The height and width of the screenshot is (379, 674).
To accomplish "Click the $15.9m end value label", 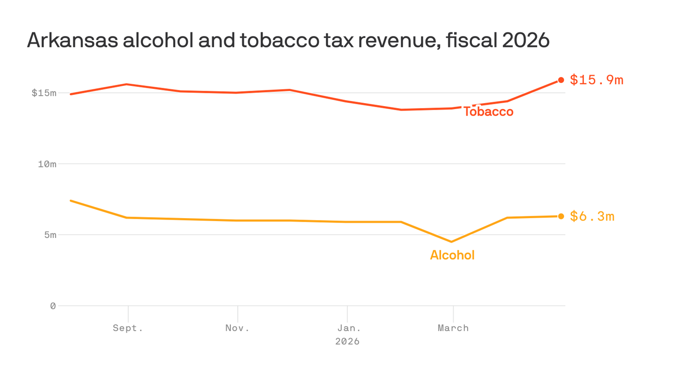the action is [x=597, y=80].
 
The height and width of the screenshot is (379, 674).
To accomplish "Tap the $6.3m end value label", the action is [x=592, y=217].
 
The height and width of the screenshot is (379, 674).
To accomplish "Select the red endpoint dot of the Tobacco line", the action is [x=561, y=80].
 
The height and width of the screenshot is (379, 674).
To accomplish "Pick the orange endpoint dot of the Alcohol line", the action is [x=561, y=216].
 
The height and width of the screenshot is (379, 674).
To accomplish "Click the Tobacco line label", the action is [x=488, y=112].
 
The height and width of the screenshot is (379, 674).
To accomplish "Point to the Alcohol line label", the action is [x=452, y=255].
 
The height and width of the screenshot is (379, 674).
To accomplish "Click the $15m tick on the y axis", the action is [x=44, y=93].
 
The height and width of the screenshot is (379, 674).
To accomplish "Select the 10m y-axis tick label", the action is [x=47, y=164].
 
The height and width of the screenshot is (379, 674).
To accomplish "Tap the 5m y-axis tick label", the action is [x=50, y=235].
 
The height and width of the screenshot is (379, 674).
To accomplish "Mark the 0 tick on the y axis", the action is [x=53, y=306].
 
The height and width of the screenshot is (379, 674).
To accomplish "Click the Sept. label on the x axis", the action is [x=128, y=328].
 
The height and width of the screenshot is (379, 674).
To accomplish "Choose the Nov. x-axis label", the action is [x=237, y=328].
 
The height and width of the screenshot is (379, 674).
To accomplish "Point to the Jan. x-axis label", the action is [x=349, y=328].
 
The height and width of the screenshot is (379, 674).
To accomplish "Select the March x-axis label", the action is [x=453, y=328].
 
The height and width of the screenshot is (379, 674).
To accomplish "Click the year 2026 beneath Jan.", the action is [x=347, y=341].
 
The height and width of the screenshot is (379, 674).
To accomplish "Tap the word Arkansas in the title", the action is [x=73, y=40].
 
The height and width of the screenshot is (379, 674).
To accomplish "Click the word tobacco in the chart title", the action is [x=280, y=40].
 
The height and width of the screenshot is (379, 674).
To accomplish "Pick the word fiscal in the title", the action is [x=472, y=40].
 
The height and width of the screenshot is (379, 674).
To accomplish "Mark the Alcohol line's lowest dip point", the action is [x=451, y=242].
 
